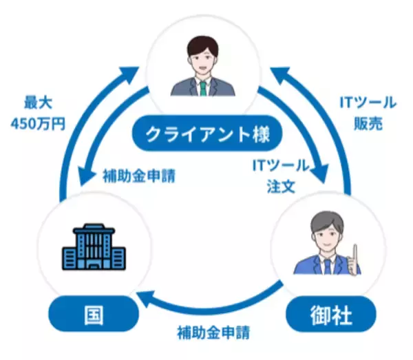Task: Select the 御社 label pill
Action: (330, 316)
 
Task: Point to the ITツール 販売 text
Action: (368, 114)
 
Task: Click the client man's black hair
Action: (202, 44)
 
